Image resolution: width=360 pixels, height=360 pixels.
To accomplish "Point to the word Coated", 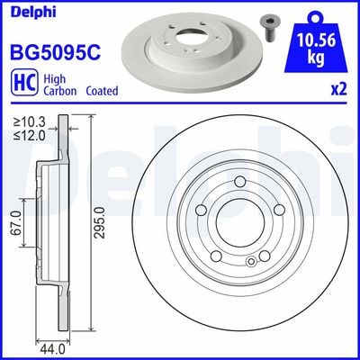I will point(101,91).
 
